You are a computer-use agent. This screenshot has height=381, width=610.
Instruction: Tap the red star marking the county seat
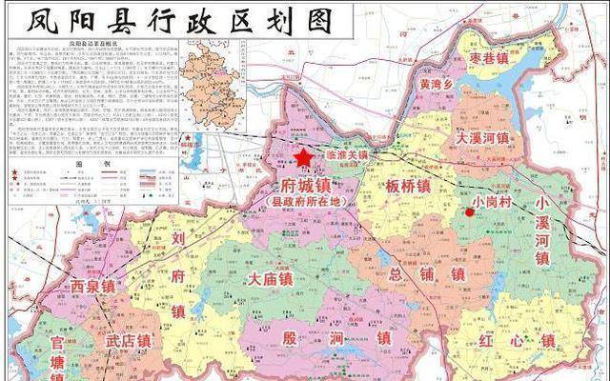tap(303, 157)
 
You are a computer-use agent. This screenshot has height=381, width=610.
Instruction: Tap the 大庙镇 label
tap(270, 279)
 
